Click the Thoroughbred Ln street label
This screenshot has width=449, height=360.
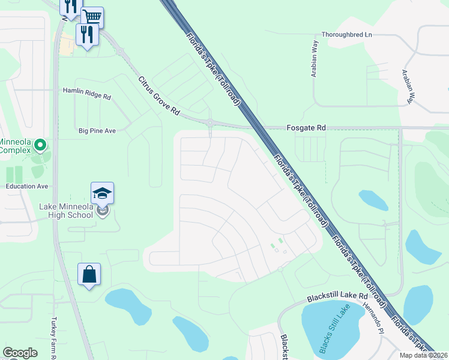[347, 35]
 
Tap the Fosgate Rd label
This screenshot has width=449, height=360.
[304, 128]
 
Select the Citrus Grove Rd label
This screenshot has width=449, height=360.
[158, 96]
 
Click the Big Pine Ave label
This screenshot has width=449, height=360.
[97, 130]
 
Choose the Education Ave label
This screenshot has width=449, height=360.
[26, 186]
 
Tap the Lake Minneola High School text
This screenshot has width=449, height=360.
[66, 211]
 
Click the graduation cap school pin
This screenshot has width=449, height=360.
[102, 193]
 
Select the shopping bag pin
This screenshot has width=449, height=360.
[89, 274]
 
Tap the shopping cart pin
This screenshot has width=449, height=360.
[92, 17]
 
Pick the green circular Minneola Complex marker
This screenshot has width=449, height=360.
[40, 145]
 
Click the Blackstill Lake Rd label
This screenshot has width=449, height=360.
[337, 296]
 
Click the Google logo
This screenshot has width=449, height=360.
[20, 353]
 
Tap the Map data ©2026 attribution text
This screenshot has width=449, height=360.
[423, 355]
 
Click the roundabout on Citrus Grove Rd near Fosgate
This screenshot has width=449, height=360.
[210, 123]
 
